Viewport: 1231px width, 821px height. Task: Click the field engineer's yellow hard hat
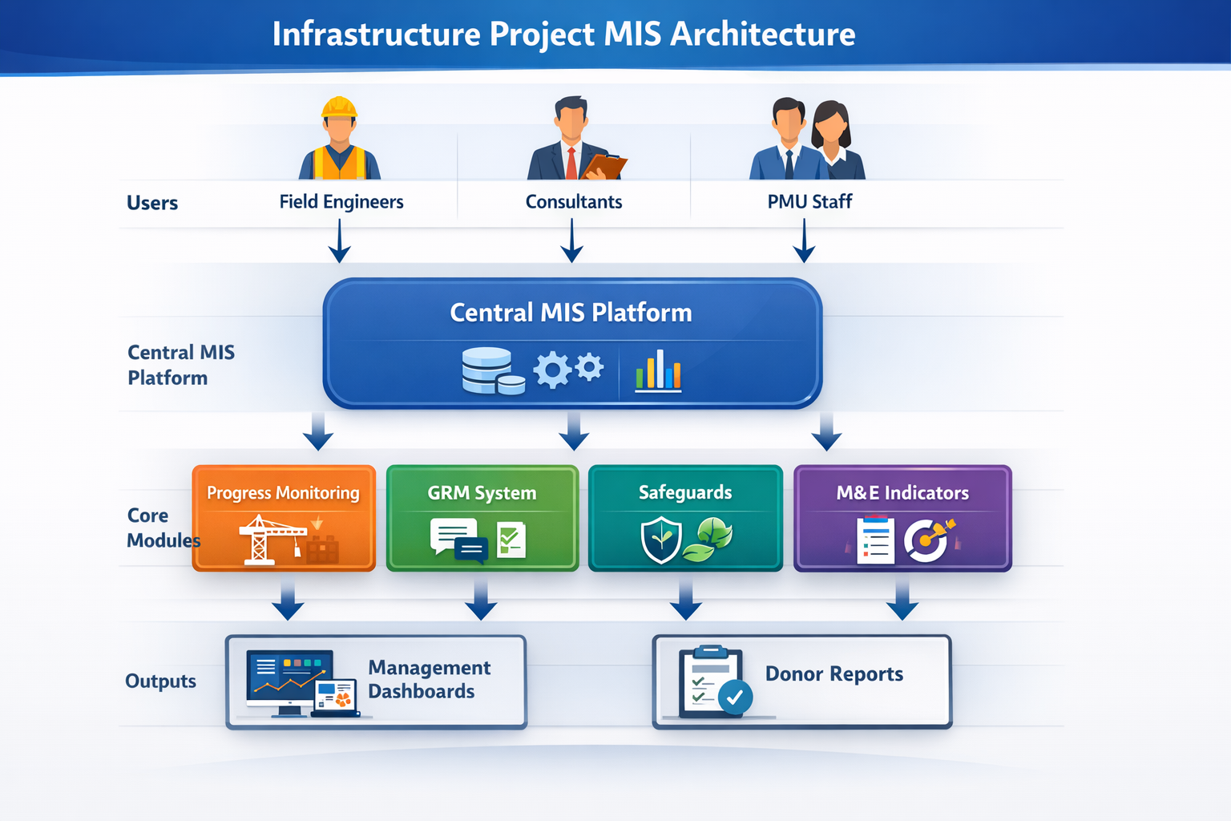pyautogui.click(x=339, y=107)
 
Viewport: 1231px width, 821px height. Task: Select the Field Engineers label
pyautogui.click(x=341, y=202)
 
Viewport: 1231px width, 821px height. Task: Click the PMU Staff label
pyautogui.click(x=809, y=202)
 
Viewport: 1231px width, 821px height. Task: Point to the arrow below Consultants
pyautogui.click(x=571, y=242)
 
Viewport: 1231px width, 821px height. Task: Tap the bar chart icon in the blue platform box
pyautogui.click(x=658, y=370)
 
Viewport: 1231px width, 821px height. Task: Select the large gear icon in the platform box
pyautogui.click(x=553, y=370)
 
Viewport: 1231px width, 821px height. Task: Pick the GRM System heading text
pyautogui.click(x=482, y=493)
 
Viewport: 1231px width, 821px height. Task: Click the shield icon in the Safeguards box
pyautogui.click(x=661, y=540)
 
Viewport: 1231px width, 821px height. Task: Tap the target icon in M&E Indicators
pyautogui.click(x=927, y=540)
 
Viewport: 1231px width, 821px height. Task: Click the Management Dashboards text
pyautogui.click(x=429, y=679)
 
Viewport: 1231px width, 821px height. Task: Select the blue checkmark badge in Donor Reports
pyautogui.click(x=735, y=697)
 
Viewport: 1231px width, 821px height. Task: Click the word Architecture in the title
pyautogui.click(x=762, y=34)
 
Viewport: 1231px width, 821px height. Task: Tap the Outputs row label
pyautogui.click(x=160, y=681)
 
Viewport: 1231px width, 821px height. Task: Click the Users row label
pyautogui.click(x=152, y=203)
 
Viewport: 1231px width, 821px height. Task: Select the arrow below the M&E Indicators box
pyautogui.click(x=902, y=601)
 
